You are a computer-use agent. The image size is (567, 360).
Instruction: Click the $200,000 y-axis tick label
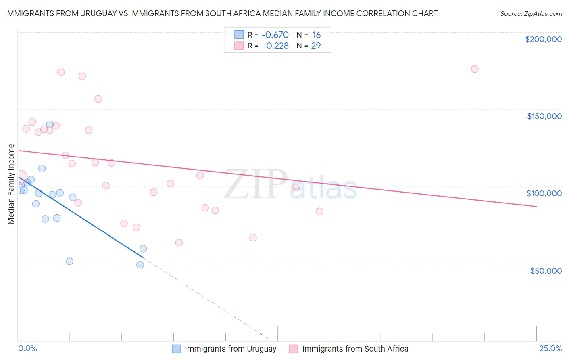pos(543,39)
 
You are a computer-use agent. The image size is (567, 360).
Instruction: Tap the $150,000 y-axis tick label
pos(544,116)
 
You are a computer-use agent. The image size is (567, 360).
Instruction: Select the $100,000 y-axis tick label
pos(544,193)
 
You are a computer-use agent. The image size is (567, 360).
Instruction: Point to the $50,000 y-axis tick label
pos(546,270)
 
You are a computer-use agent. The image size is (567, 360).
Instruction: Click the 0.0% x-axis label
pos(27,348)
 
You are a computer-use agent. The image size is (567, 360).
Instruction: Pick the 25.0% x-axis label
pos(550,348)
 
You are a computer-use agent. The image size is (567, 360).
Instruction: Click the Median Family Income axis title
pos(11,184)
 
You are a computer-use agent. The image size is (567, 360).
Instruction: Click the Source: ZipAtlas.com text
pos(531,13)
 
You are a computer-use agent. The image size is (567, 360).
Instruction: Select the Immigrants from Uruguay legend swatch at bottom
pos(176,349)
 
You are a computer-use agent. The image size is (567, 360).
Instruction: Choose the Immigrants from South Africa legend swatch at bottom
pos(294,349)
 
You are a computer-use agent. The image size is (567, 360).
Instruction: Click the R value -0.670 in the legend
pos(275,35)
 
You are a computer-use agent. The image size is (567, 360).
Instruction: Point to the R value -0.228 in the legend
pos(275,46)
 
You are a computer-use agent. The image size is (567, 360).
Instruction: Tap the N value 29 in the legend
pos(316,46)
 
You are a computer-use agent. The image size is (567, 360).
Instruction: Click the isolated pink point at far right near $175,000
pos(475,69)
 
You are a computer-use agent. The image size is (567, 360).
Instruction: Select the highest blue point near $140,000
pos(50,125)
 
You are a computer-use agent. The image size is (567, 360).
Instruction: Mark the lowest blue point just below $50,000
pos(140,265)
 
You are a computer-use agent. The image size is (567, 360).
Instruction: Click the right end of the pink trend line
pos(536,206)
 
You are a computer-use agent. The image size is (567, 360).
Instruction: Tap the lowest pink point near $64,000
pos(179,243)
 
